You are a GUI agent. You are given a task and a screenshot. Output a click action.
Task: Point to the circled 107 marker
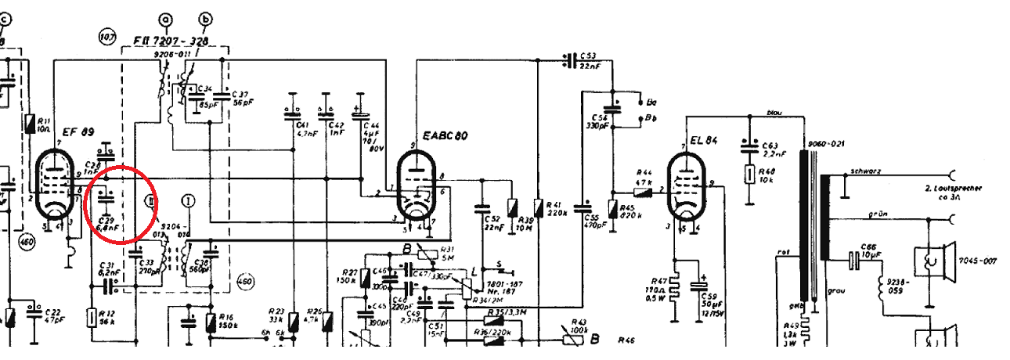[106, 35]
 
